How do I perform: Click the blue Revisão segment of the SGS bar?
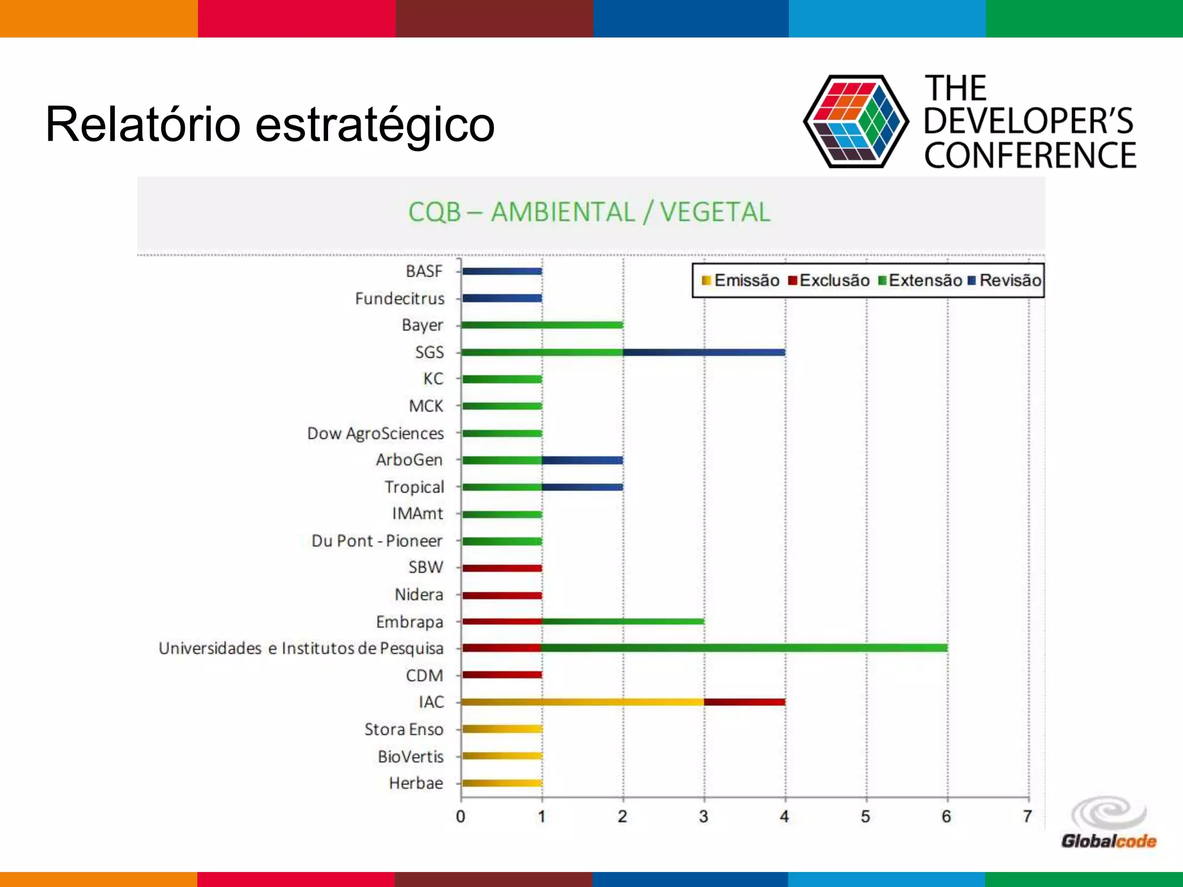click(x=704, y=352)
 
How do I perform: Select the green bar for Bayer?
click(x=542, y=325)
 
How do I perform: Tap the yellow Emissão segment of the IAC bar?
click(x=582, y=702)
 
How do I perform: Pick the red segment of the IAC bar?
click(x=745, y=702)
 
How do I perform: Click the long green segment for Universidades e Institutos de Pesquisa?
click(x=745, y=648)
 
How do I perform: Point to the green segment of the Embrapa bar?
click(x=623, y=621)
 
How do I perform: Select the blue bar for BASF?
click(x=501, y=271)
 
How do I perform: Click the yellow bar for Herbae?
click(x=501, y=783)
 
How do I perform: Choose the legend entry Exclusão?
click(x=829, y=281)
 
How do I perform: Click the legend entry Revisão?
click(x=1005, y=281)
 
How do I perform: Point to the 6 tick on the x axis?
click(x=946, y=817)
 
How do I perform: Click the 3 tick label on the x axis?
click(x=703, y=817)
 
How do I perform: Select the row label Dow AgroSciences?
click(x=375, y=433)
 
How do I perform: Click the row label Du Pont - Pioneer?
click(x=377, y=541)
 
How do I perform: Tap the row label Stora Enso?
click(x=404, y=729)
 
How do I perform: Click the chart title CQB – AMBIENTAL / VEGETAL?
click(x=589, y=212)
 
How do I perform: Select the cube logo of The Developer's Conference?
click(x=856, y=121)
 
